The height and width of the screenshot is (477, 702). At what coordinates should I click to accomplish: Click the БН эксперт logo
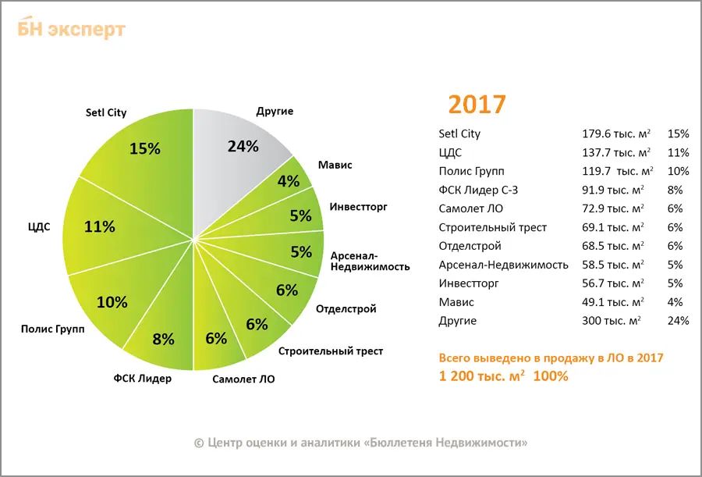point(71,29)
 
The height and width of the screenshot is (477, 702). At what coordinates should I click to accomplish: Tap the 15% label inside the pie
point(144,148)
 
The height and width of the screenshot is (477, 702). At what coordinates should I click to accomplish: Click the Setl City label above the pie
point(106,112)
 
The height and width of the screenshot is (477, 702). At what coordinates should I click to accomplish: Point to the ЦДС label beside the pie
point(38,227)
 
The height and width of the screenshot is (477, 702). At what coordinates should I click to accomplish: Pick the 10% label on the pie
point(112,302)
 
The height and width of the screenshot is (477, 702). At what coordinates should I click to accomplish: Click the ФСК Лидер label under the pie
point(142,379)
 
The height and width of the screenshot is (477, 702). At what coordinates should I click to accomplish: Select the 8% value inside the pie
point(163,339)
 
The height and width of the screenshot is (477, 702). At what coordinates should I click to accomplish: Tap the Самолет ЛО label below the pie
point(243,379)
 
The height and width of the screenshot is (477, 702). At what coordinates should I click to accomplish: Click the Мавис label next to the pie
point(335,165)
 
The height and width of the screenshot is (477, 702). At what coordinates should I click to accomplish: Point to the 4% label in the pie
point(289,181)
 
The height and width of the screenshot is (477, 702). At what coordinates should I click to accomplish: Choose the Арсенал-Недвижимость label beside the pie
point(370,261)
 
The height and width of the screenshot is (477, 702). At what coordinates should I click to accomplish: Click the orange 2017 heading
point(477,104)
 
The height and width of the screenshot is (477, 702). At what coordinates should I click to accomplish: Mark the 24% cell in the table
point(679,321)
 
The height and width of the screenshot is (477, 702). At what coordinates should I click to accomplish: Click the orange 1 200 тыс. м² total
point(480,376)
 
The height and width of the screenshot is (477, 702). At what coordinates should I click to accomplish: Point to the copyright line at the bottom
point(360,443)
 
